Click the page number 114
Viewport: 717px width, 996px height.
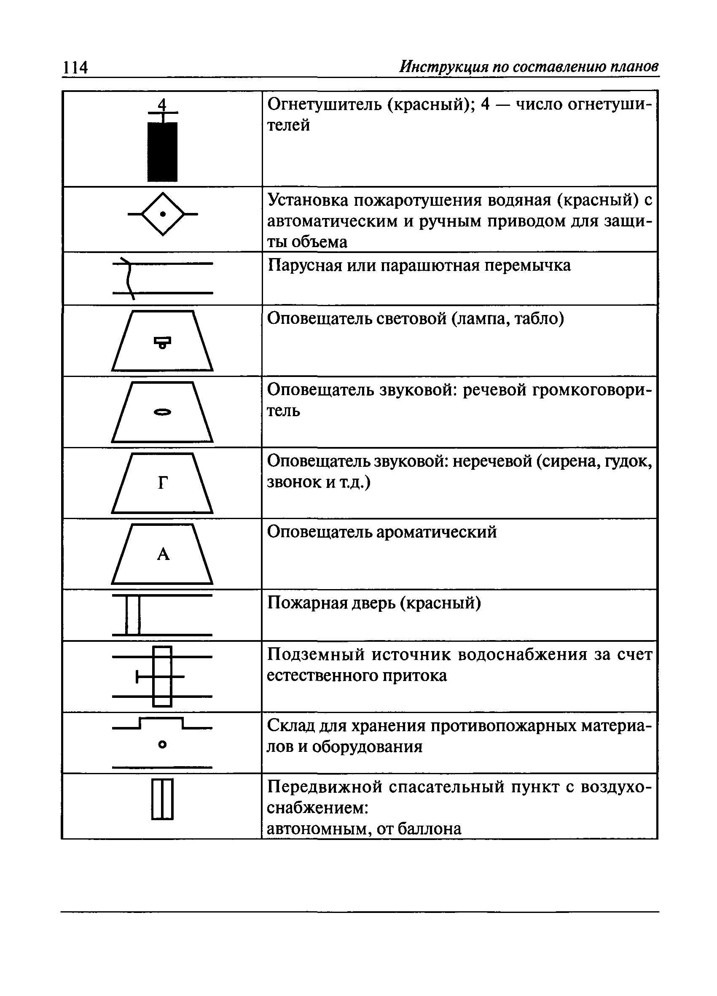(75, 67)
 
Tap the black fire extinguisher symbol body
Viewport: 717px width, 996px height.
(162, 151)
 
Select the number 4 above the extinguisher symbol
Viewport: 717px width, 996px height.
(162, 105)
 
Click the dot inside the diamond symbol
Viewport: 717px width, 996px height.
(163, 214)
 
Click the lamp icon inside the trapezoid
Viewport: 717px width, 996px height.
(162, 342)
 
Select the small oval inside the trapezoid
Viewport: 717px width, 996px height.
(162, 412)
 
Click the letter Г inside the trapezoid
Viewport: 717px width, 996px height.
(162, 484)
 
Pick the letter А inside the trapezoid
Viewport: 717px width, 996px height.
(163, 555)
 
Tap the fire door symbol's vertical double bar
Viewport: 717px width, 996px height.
(133, 614)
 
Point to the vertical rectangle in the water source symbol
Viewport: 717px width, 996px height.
(162, 677)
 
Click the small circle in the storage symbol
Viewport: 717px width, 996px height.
(162, 744)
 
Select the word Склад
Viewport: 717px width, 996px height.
(290, 726)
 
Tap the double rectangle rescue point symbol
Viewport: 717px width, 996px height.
(162, 799)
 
